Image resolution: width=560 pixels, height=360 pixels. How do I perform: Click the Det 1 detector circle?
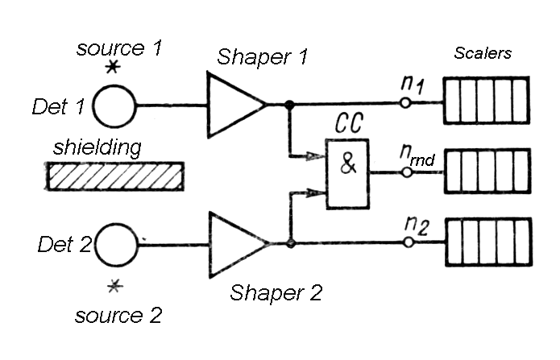click(115, 106)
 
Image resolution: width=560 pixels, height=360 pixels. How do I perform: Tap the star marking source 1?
click(113, 68)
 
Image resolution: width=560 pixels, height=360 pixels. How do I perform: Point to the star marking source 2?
click(116, 283)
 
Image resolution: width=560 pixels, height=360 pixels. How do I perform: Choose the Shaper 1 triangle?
click(234, 103)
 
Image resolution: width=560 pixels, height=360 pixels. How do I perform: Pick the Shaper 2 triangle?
click(234, 242)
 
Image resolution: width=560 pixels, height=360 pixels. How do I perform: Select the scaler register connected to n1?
click(487, 102)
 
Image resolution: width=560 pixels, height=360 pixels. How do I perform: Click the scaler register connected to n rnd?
click(487, 172)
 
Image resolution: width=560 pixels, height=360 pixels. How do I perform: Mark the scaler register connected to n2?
click(487, 242)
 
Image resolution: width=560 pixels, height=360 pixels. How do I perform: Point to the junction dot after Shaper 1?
click(289, 104)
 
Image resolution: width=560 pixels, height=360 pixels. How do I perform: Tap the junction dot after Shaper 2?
click(289, 242)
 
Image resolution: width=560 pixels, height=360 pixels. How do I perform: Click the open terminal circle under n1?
click(407, 102)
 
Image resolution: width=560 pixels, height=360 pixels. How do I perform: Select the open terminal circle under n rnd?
click(407, 172)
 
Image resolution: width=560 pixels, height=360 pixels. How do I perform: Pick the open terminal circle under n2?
click(407, 242)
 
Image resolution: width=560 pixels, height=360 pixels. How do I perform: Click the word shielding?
click(98, 147)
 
